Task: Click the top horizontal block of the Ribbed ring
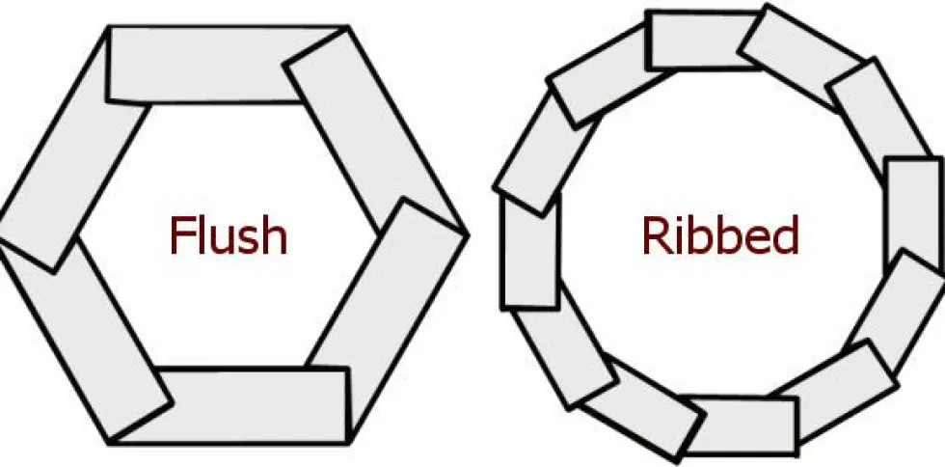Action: point(702,40)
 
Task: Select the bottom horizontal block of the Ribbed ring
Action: point(742,426)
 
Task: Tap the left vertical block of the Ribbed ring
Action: point(530,251)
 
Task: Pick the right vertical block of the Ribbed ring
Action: point(915,214)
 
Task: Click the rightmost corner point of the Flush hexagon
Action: point(468,234)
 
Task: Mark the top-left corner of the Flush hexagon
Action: point(108,27)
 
